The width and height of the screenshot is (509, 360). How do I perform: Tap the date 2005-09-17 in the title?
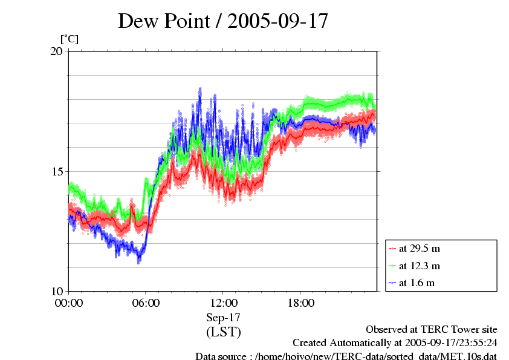pyautogui.click(x=277, y=21)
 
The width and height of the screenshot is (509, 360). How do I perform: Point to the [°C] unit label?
pyautogui.click(x=70, y=39)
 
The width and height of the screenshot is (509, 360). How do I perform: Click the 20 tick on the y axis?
pyautogui.click(x=56, y=51)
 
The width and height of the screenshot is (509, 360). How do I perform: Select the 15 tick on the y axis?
pyautogui.click(x=56, y=171)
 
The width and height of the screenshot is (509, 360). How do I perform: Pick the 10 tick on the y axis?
pyautogui.click(x=56, y=291)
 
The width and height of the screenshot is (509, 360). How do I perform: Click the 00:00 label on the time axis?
pyautogui.click(x=68, y=303)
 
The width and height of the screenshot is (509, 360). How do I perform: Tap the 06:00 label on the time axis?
pyautogui.click(x=146, y=303)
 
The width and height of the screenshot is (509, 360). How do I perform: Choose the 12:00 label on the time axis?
pyautogui.click(x=223, y=303)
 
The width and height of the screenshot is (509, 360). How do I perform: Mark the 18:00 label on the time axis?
pyautogui.click(x=300, y=303)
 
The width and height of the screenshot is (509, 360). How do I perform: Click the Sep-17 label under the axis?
pyautogui.click(x=223, y=317)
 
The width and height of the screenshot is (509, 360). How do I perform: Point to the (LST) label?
pyautogui.click(x=223, y=332)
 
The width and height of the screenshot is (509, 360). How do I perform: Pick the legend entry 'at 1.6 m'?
pyautogui.click(x=417, y=283)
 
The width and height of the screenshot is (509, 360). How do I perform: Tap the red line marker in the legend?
pyautogui.click(x=393, y=248)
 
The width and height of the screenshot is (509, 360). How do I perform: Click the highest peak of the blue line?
pyautogui.click(x=199, y=89)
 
